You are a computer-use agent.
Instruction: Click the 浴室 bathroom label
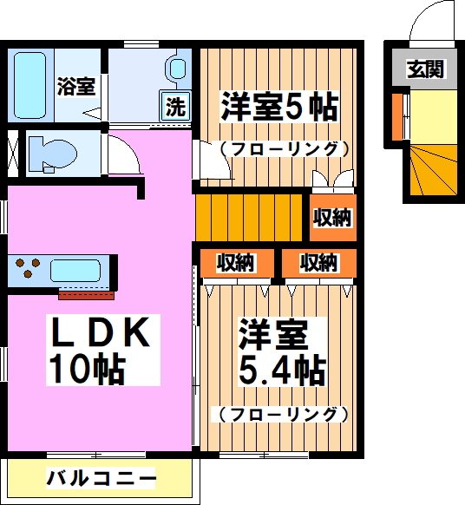[76, 86]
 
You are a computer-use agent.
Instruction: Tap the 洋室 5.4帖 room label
[282, 352]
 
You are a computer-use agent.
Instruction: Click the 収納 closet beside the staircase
[332, 218]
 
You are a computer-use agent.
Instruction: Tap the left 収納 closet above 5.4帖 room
[235, 262]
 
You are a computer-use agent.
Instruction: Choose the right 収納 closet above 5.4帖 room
[318, 262]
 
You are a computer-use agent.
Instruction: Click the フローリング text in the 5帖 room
[278, 149]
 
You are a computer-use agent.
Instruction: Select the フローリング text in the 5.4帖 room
[278, 414]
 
